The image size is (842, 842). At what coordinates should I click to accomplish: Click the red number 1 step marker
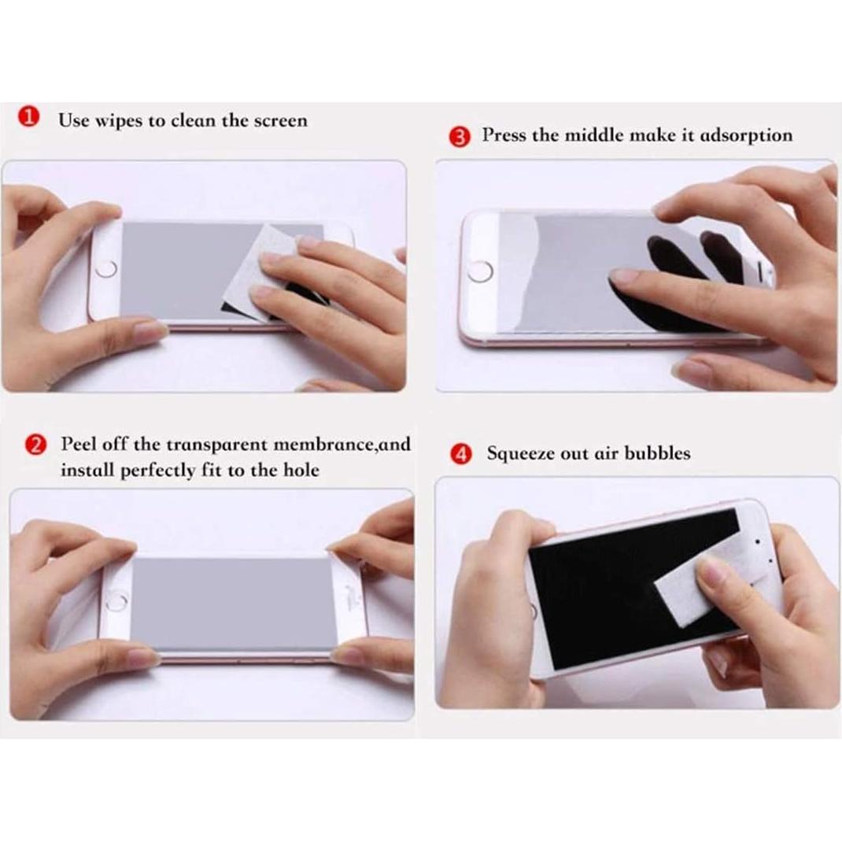(x=28, y=119)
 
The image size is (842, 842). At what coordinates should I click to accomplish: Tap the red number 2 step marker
(x=35, y=445)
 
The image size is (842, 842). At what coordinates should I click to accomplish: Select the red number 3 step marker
(x=462, y=137)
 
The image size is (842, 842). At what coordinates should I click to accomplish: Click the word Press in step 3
(x=504, y=135)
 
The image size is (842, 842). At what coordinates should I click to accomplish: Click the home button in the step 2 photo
(x=116, y=603)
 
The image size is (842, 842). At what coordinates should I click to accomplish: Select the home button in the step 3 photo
(x=479, y=271)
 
